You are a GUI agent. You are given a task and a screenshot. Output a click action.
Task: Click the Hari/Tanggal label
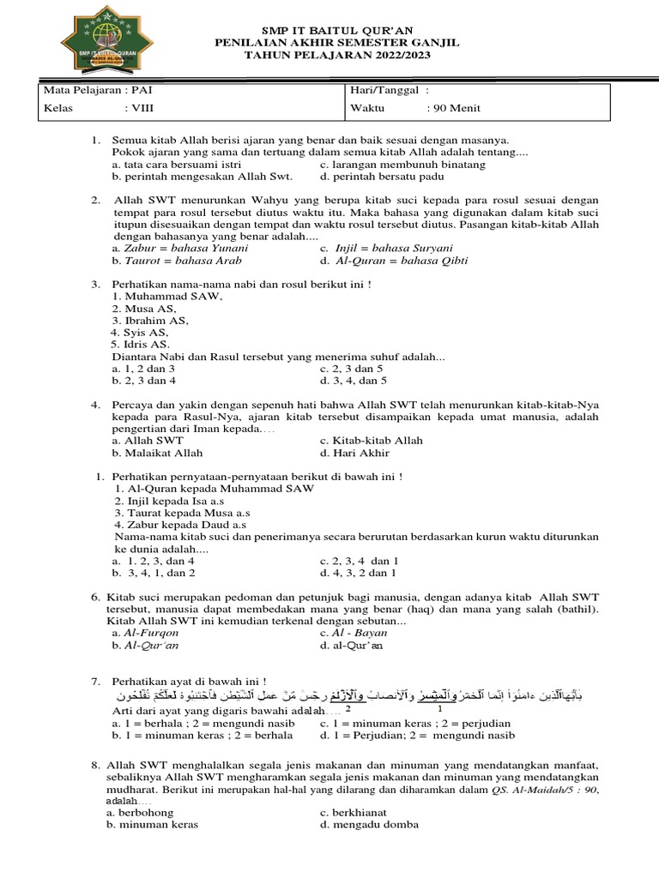pyautogui.click(x=386, y=90)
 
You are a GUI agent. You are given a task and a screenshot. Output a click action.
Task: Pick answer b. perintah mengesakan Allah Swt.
pyautogui.click(x=203, y=177)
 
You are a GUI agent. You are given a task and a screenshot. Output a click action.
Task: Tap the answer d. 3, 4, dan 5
pyautogui.click(x=354, y=380)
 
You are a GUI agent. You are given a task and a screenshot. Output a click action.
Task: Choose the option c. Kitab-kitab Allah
pyautogui.click(x=371, y=441)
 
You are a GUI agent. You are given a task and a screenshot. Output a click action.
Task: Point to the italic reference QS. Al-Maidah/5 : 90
pyautogui.click(x=545, y=789)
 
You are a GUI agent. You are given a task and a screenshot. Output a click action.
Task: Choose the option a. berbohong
pyautogui.click(x=140, y=812)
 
